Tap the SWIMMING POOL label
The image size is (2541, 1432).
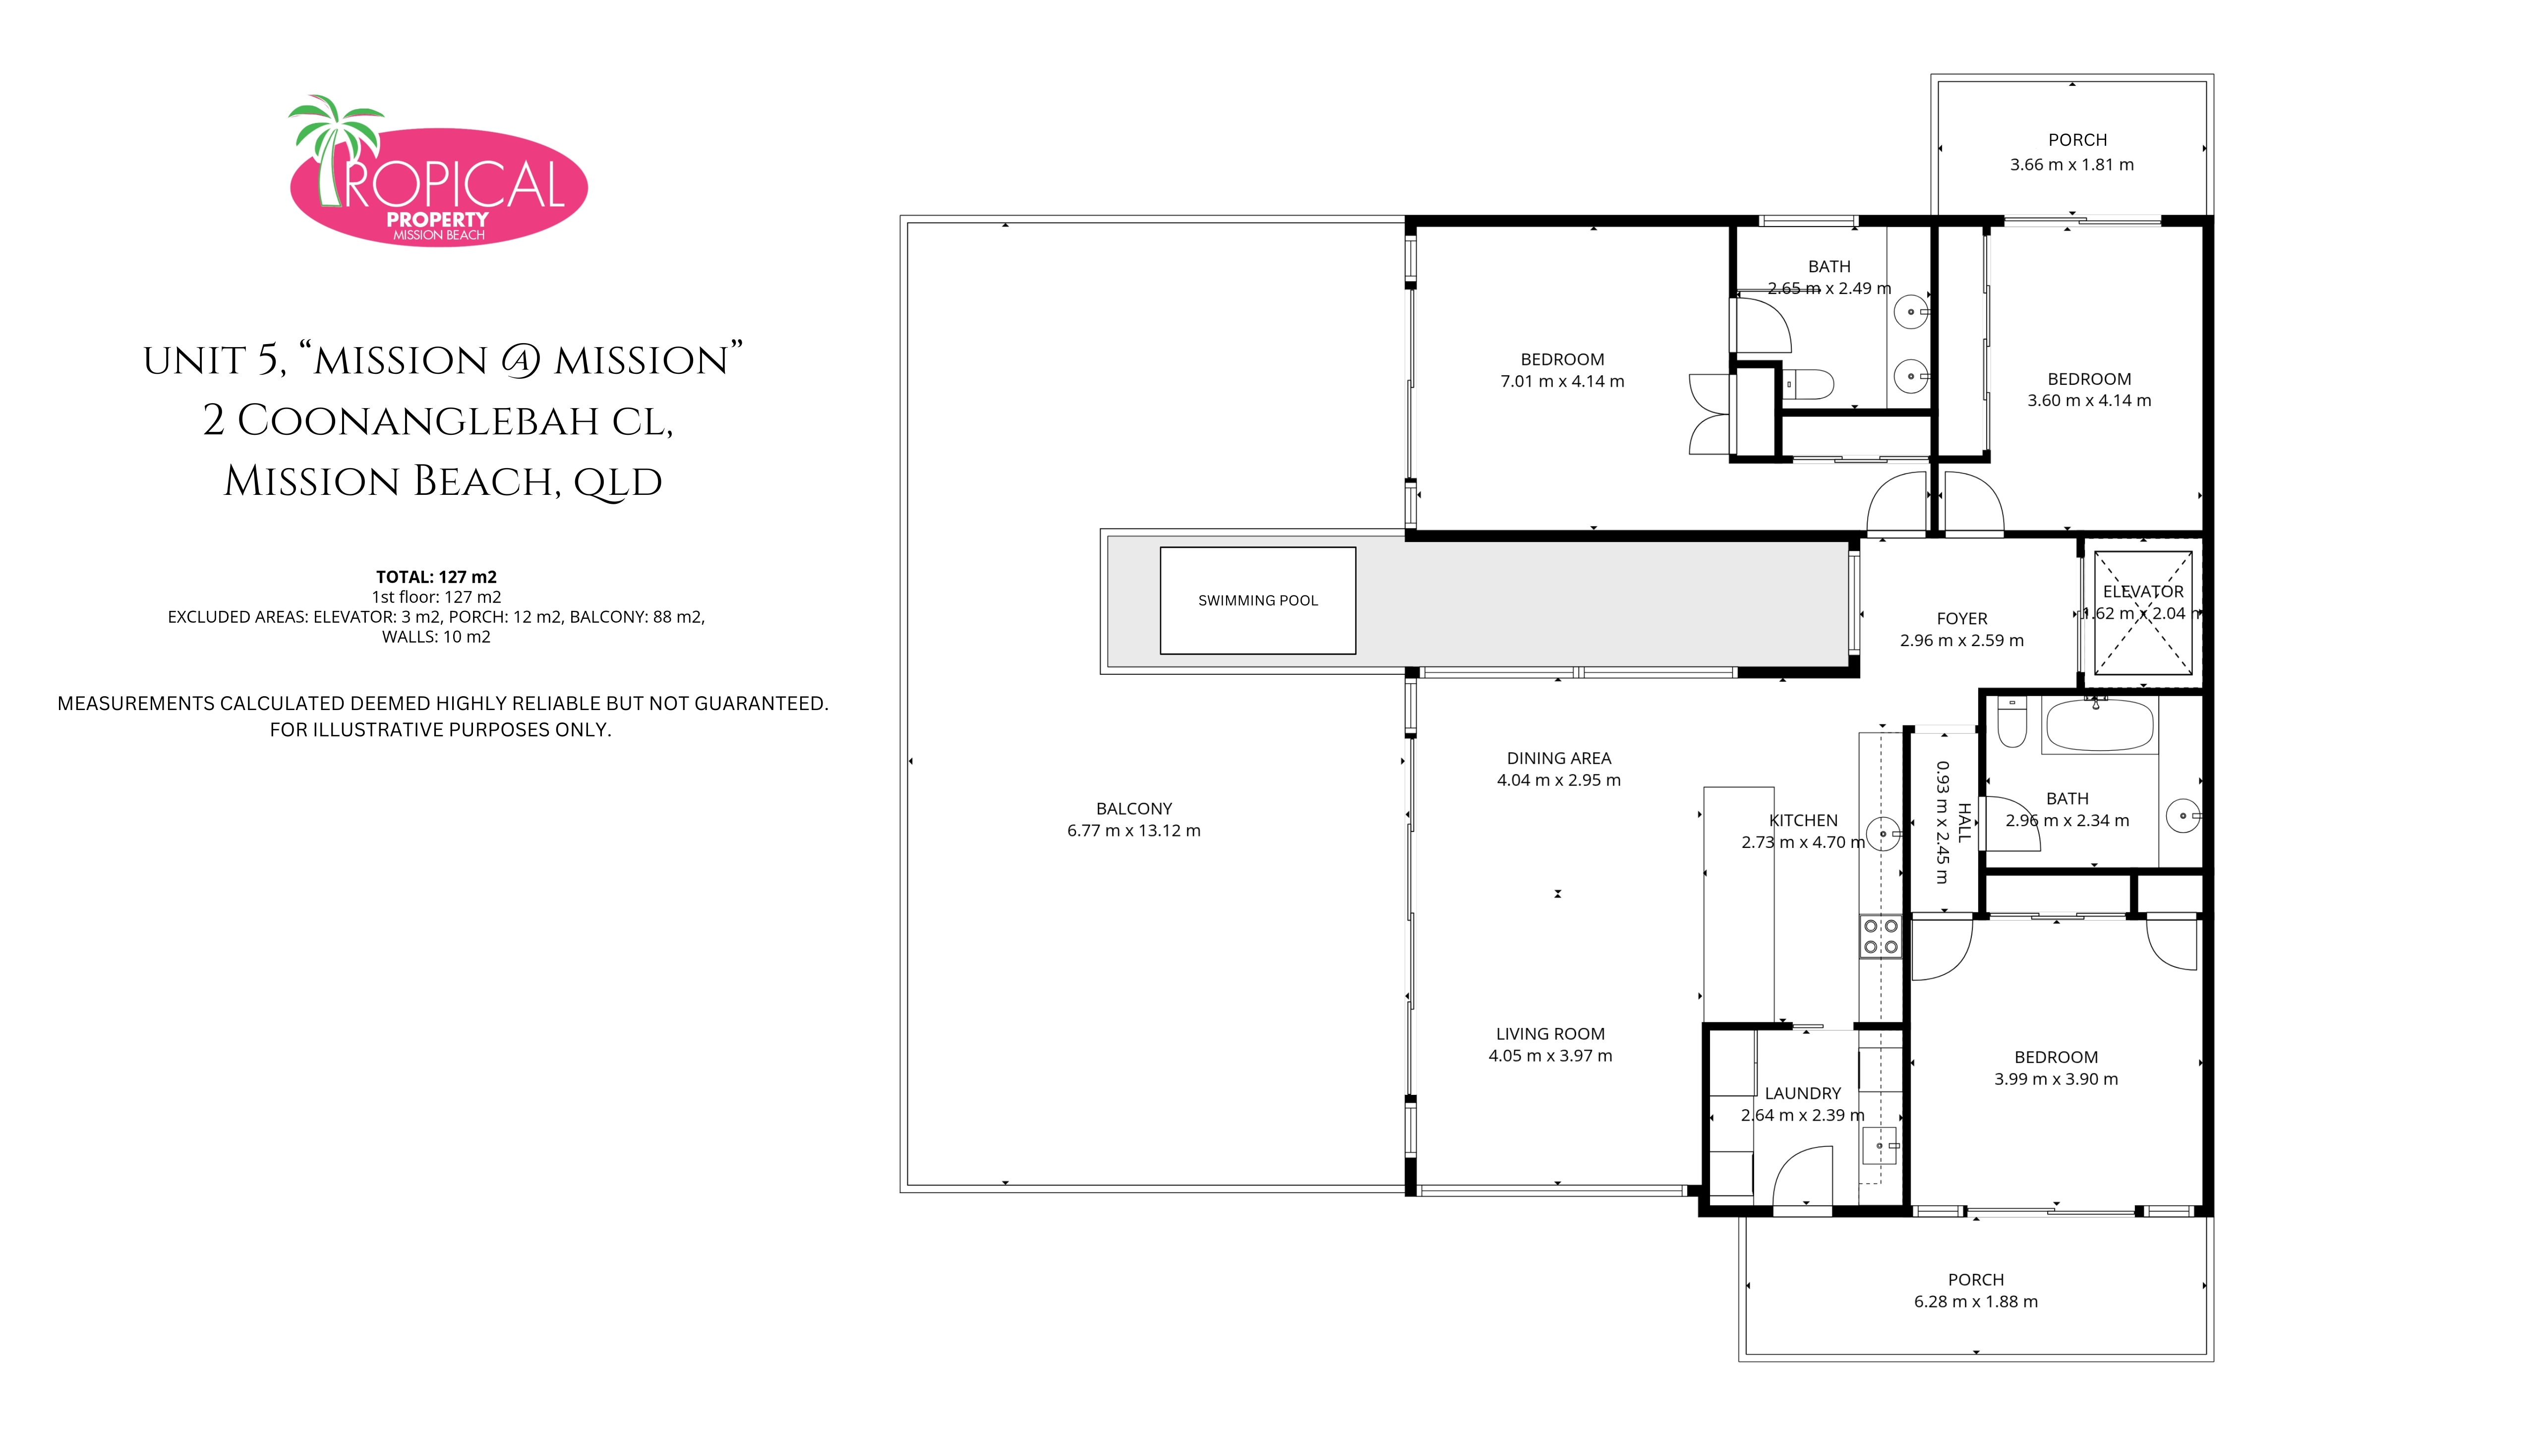[x=1258, y=600]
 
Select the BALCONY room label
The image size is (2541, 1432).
[x=1134, y=809]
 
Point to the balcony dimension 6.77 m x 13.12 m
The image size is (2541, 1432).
[x=1134, y=831]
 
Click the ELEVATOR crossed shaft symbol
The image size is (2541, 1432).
[x=2142, y=612]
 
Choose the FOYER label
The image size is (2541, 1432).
[x=1962, y=618]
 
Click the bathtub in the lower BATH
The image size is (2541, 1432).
[x=2099, y=726]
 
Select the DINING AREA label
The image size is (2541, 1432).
[x=1558, y=759]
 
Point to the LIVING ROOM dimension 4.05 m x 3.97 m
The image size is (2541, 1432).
[x=1551, y=1055]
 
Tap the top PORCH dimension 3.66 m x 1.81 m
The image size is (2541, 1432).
[x=2072, y=165]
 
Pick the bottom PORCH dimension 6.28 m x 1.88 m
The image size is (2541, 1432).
[x=1976, y=1302]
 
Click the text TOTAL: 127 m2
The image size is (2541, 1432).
[x=436, y=577]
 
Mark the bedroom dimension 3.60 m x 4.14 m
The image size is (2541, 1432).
[x=2089, y=401]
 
